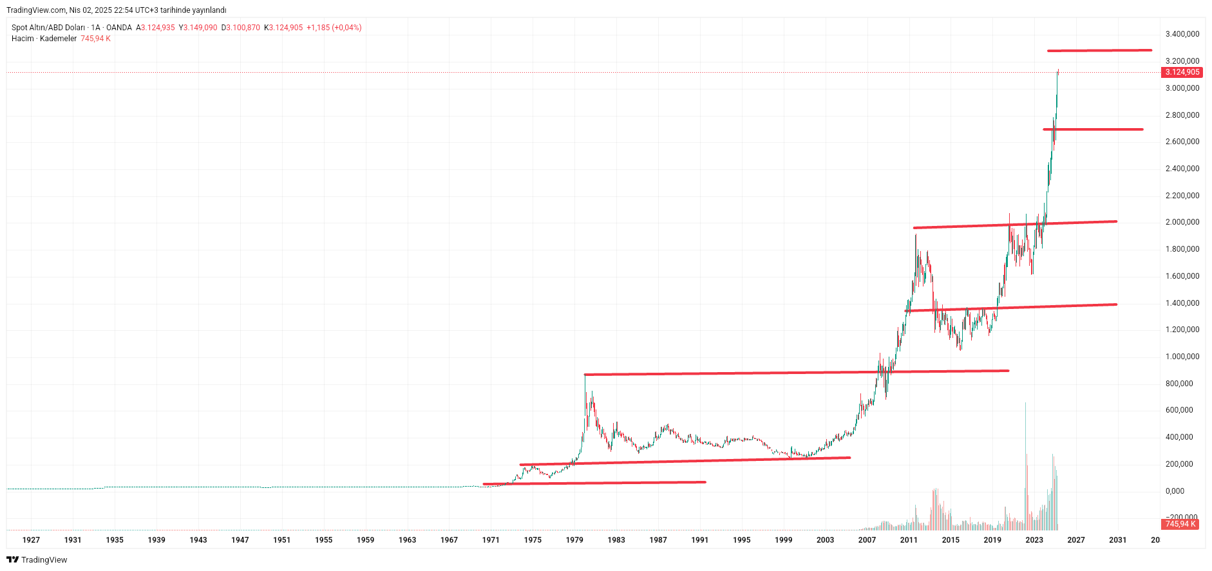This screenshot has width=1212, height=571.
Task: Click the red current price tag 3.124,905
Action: click(x=1182, y=72)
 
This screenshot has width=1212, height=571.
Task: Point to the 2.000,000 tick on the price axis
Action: click(x=1182, y=222)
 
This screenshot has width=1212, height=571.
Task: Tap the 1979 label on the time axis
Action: click(x=574, y=540)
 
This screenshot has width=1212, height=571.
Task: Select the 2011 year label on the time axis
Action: click(x=909, y=540)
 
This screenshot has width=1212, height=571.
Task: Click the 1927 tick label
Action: click(x=31, y=540)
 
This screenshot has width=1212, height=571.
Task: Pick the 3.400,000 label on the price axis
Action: click(x=1182, y=34)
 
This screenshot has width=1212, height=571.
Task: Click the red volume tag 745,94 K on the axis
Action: click(x=1180, y=524)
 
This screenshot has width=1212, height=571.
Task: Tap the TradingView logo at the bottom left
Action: click(x=37, y=560)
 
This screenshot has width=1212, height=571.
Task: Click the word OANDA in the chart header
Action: click(x=119, y=28)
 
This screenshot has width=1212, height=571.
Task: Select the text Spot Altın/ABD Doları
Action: click(x=48, y=28)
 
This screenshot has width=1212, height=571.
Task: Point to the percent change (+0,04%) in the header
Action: click(x=346, y=28)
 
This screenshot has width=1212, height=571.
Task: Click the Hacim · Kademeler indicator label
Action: click(x=44, y=39)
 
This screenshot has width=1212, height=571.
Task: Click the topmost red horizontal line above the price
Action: click(x=1099, y=50)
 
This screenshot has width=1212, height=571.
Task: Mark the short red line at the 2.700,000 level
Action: click(x=1093, y=129)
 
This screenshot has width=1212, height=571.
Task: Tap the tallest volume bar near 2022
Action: click(x=1025, y=451)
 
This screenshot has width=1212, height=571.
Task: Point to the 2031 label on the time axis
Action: click(x=1117, y=540)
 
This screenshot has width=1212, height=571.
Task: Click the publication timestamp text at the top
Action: click(x=117, y=10)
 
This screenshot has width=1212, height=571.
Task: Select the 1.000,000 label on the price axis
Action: click(x=1182, y=357)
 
